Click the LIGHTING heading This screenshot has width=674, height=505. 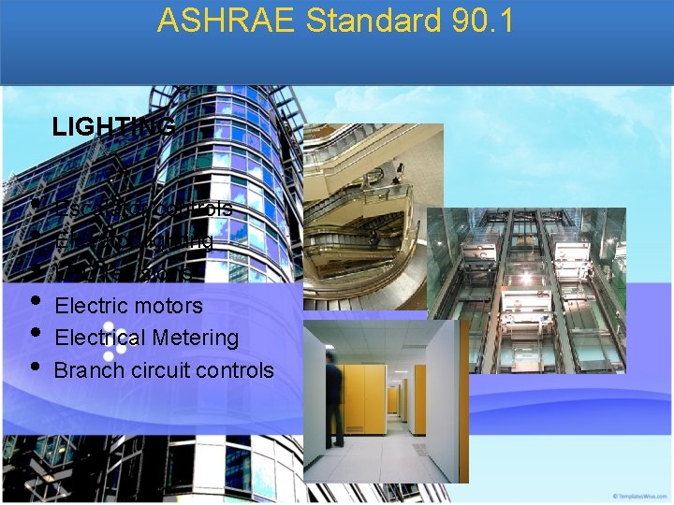(x=113, y=126)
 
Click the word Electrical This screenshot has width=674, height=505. (x=102, y=338)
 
